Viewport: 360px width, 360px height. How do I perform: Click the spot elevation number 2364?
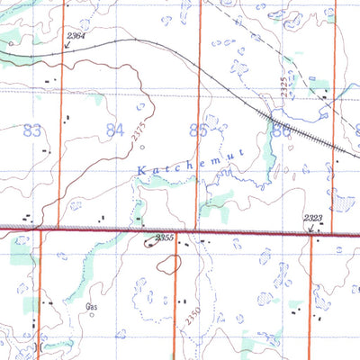coord(76,34)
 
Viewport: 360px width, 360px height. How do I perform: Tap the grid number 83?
coord(33,131)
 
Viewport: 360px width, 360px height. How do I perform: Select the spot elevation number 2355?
coord(163,238)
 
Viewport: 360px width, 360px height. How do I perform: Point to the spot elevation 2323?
coord(314,218)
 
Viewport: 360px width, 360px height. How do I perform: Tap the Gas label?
coord(91,310)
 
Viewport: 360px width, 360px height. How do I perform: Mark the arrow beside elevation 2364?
coord(67,43)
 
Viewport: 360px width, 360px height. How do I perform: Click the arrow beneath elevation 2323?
coord(311,229)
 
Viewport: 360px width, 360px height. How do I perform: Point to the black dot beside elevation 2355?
coord(148,240)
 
